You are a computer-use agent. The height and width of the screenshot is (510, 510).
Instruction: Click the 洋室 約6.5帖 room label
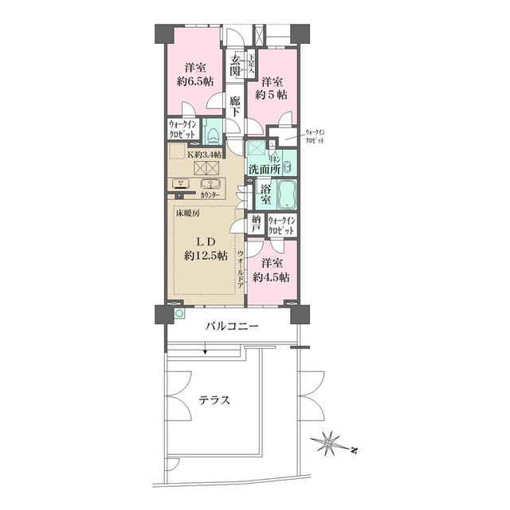194,73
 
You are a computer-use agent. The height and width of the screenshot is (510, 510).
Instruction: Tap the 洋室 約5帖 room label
271,88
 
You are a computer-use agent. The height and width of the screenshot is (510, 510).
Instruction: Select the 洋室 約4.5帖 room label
271,269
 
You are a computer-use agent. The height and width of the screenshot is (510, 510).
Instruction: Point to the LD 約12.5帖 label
206,249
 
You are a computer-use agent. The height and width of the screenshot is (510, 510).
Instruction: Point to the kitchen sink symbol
215,184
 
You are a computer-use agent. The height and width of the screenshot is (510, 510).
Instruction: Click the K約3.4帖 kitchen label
205,154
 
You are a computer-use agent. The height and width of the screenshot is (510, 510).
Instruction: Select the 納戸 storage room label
256,223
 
